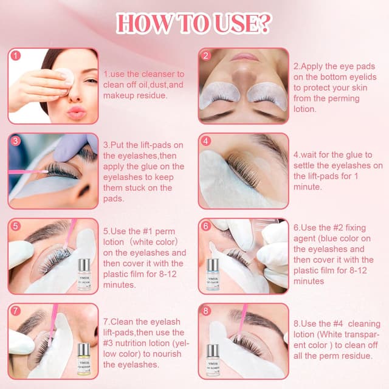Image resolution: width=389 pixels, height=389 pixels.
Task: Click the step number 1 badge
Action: click(x=16, y=55)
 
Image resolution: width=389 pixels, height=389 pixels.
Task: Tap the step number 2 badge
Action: click(x=206, y=55)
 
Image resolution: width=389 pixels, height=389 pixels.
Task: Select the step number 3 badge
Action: click(x=16, y=141)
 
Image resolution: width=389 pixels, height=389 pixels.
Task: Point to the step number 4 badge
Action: click(x=206, y=141)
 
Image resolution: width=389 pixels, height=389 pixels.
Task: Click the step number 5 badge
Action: click(x=16, y=226)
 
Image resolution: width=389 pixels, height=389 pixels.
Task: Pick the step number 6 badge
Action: click(x=206, y=226)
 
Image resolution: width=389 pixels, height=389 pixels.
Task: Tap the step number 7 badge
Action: click(x=16, y=311)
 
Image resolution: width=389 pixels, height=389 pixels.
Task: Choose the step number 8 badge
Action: click(x=206, y=311)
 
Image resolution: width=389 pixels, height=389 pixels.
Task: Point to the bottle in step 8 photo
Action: click(x=212, y=359)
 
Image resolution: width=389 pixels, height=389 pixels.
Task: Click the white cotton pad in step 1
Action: click(x=65, y=76)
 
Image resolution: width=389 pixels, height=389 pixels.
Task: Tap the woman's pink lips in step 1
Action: click(x=77, y=112)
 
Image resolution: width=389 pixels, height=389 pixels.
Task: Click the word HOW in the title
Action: click(x=141, y=24)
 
